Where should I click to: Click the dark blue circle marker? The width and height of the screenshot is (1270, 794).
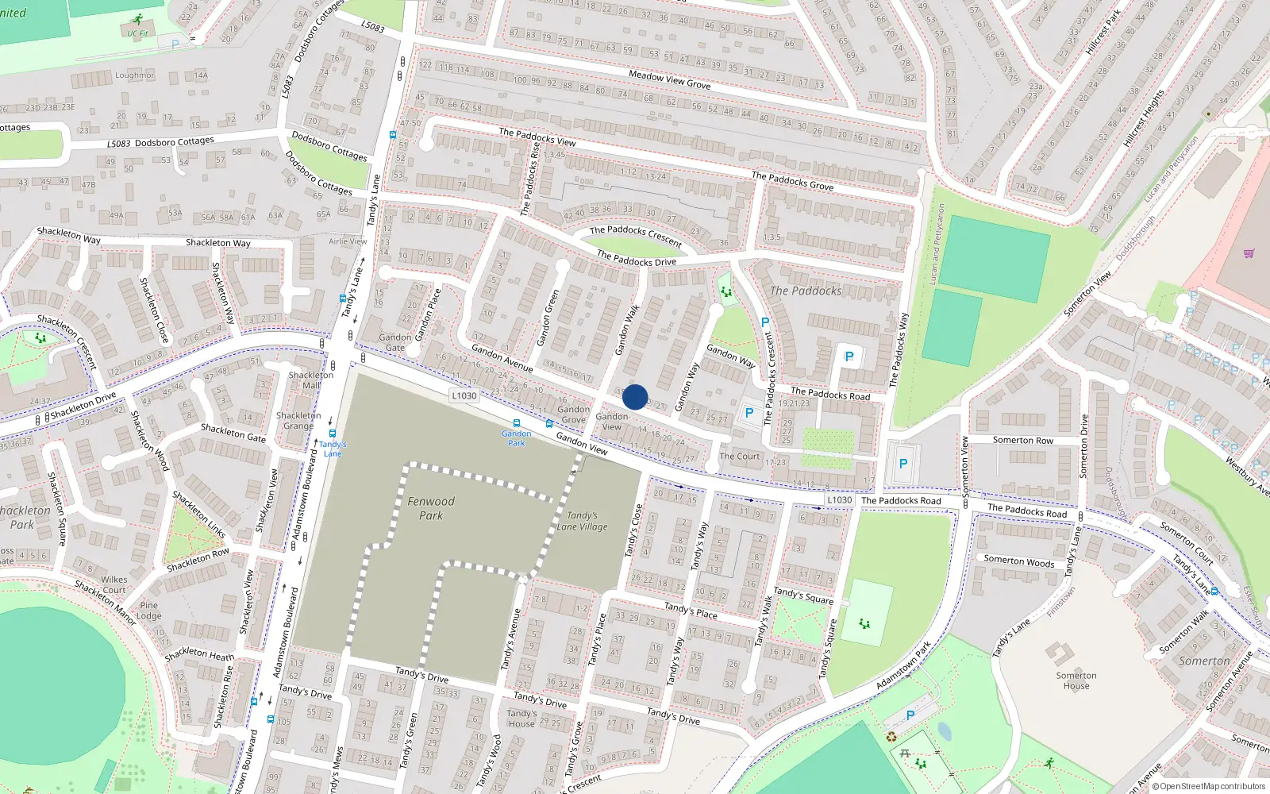(635, 397)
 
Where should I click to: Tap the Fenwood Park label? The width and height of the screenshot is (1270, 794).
(431, 508)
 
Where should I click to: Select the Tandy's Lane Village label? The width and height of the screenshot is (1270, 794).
(582, 521)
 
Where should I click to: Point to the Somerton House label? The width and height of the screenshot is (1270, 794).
(1076, 680)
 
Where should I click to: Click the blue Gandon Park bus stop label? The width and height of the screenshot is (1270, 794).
(517, 437)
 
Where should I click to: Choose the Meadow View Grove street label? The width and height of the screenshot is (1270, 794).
(669, 79)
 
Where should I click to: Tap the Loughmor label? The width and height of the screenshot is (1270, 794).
(134, 75)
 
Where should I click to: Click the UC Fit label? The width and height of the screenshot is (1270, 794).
(137, 33)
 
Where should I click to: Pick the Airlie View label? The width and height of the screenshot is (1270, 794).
(348, 241)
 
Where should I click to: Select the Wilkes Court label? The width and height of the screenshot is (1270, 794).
(114, 584)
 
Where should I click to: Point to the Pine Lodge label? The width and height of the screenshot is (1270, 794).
(148, 610)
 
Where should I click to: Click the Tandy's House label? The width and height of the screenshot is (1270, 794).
(521, 718)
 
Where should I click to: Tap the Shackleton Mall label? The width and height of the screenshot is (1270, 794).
(311, 380)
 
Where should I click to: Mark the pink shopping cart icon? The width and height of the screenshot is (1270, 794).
(1249, 253)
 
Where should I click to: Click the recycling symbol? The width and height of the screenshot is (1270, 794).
(891, 737)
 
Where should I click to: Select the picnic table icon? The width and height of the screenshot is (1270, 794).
(904, 753)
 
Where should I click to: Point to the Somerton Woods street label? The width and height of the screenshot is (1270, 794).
(1019, 561)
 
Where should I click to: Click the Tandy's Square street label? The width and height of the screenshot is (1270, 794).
(803, 595)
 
